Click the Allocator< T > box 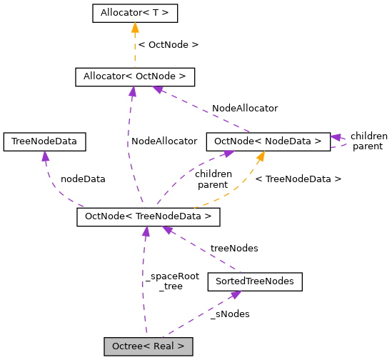click(x=134, y=13)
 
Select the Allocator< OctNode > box click(x=134, y=76)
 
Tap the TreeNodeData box click(x=44, y=141)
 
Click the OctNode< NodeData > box click(x=268, y=141)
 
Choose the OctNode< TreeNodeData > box click(x=148, y=216)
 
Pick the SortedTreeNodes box click(x=254, y=281)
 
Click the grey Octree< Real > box click(x=149, y=346)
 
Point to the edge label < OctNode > click(x=168, y=45)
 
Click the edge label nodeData click(x=83, y=179)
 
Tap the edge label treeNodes click(x=233, y=249)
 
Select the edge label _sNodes click(x=230, y=314)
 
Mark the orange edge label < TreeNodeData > click(x=298, y=179)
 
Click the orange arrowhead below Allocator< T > click(x=134, y=27)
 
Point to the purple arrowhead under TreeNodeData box click(x=44, y=156)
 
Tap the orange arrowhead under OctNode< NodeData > click(x=261, y=156)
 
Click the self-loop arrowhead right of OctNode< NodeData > click(x=336, y=138)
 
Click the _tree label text click(x=172, y=286)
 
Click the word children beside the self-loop click(x=368, y=136)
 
